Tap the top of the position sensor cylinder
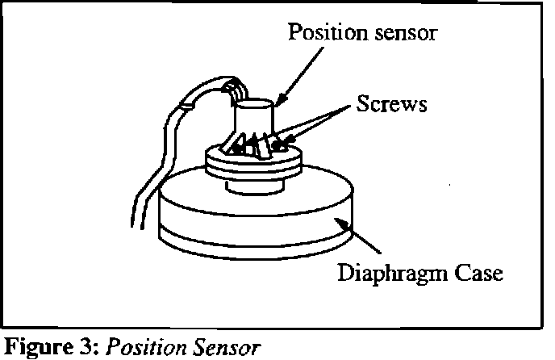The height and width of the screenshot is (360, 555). click(257, 104)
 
